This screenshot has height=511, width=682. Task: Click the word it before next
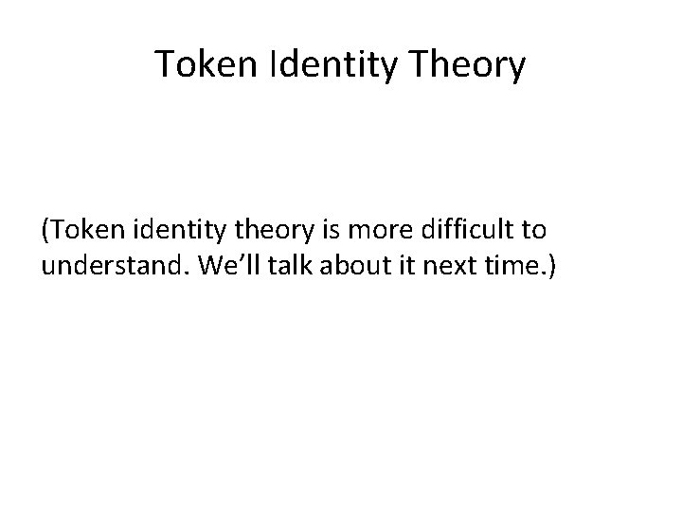(386, 268)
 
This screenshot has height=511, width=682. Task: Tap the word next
(428, 268)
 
